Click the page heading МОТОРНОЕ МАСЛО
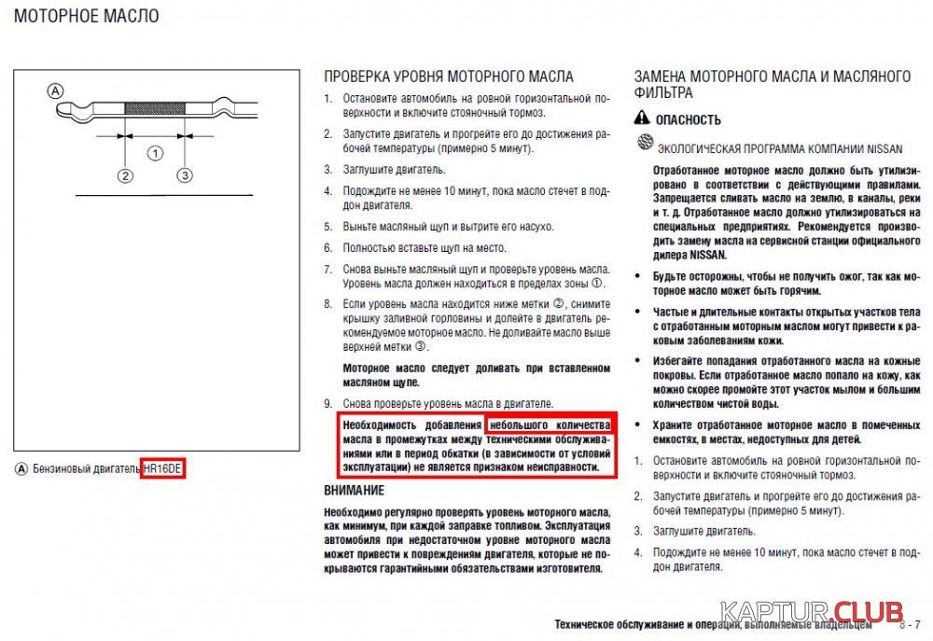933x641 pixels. pyautogui.click(x=87, y=16)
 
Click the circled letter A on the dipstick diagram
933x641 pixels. pyautogui.click(x=55, y=91)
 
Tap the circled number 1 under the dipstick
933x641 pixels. pyautogui.click(x=156, y=152)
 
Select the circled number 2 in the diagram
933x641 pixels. pyautogui.click(x=125, y=175)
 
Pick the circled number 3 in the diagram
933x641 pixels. pyautogui.click(x=185, y=175)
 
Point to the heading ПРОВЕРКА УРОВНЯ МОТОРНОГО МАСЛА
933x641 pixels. pyautogui.click(x=448, y=77)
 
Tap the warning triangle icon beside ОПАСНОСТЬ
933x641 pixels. pyautogui.click(x=641, y=118)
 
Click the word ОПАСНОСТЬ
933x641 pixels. pyautogui.click(x=689, y=119)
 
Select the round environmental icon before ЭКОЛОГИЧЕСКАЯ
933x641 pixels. pyautogui.click(x=643, y=144)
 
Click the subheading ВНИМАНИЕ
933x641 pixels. pyautogui.click(x=354, y=490)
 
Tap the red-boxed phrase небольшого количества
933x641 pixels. pyautogui.click(x=549, y=425)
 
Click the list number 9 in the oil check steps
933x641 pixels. pyautogui.click(x=327, y=404)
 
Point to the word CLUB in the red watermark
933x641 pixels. pyautogui.click(x=867, y=613)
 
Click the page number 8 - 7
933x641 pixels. pyautogui.click(x=910, y=623)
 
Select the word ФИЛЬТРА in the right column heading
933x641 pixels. pyautogui.click(x=663, y=93)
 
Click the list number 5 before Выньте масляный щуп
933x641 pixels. pyautogui.click(x=327, y=227)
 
